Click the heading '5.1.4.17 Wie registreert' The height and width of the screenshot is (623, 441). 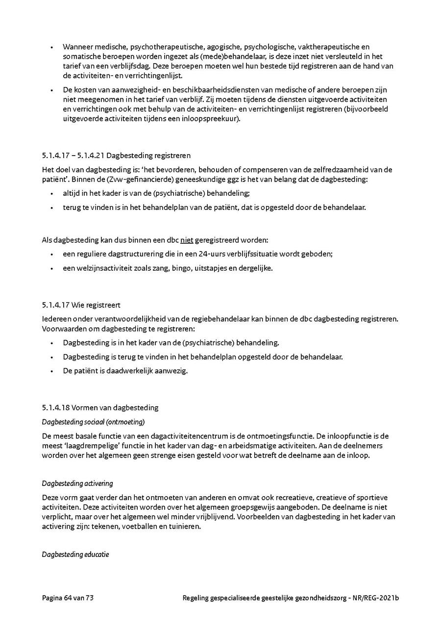pyautogui.click(x=81, y=305)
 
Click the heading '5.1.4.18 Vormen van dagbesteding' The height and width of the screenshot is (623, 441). pyautogui.click(x=100, y=407)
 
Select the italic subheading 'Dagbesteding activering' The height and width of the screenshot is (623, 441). pyautogui.click(x=77, y=484)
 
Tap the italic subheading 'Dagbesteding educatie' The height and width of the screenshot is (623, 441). pyautogui.click(x=75, y=554)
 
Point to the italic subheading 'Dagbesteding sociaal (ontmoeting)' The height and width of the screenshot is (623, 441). pyautogui.click(x=93, y=421)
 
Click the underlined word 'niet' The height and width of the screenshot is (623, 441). pyautogui.click(x=187, y=240)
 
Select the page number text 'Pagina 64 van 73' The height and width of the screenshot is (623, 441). pyautogui.click(x=68, y=598)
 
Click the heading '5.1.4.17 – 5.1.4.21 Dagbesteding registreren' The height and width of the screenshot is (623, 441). pyautogui.click(x=116, y=156)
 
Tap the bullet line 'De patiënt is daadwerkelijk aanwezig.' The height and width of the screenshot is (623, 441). pyautogui.click(x=125, y=370)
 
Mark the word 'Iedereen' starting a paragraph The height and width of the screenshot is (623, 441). pyautogui.click(x=56, y=319)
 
